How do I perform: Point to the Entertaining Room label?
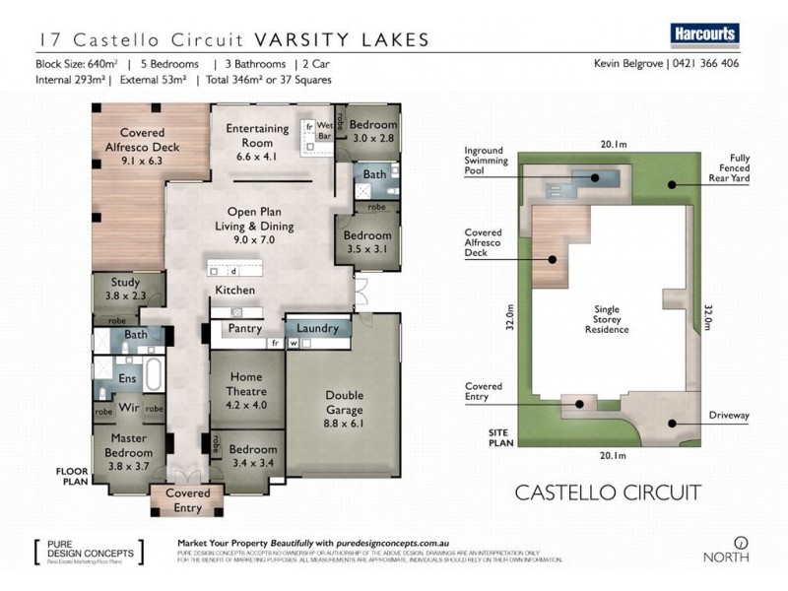pyautogui.click(x=257, y=135)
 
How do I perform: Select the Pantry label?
pyautogui.click(x=244, y=328)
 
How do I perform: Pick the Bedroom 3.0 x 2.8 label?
pyautogui.click(x=373, y=132)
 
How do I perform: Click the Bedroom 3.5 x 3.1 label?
pyautogui.click(x=367, y=242)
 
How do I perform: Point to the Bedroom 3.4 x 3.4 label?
pyautogui.click(x=253, y=455)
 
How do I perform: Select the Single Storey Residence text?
pyautogui.click(x=607, y=319)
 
